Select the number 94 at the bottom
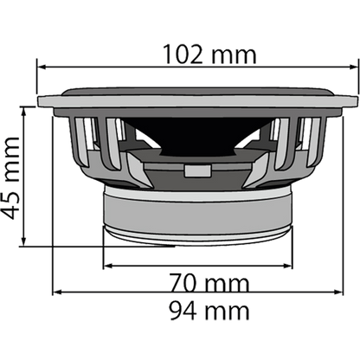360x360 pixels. point(184,307)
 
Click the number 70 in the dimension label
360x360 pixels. point(184,283)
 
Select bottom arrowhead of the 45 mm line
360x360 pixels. point(34,241)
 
